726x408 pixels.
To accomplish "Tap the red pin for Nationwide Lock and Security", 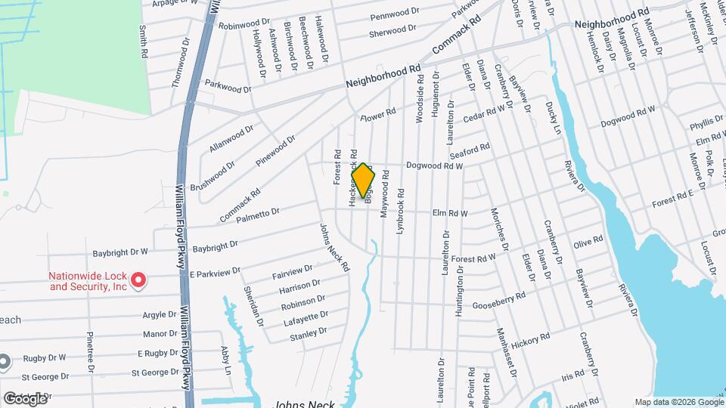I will [138, 281].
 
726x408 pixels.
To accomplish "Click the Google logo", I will [25, 398].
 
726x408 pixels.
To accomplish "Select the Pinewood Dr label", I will [275, 150].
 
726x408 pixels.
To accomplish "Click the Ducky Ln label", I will [554, 119].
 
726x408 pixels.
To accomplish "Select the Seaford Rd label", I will [474, 149].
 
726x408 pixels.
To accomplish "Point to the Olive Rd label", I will [588, 243].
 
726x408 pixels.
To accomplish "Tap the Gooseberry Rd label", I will [498, 301].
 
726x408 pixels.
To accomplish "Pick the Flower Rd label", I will [378, 116].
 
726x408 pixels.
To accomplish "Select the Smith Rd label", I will [141, 41].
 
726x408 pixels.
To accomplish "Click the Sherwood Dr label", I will [392, 31].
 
